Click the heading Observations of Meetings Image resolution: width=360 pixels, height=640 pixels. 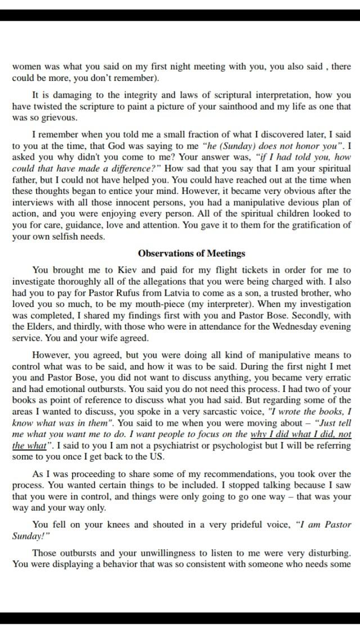click(191, 254)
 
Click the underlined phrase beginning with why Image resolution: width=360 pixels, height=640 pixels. click(301, 434)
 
